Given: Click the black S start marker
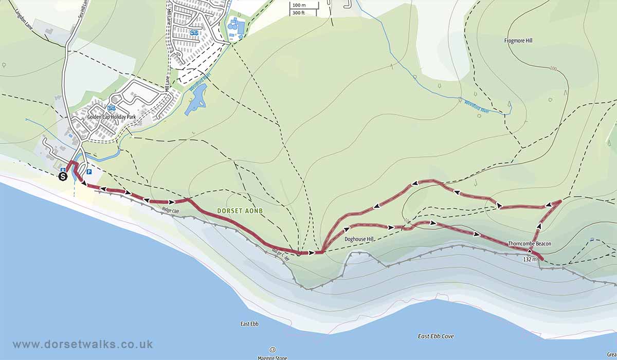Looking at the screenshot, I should [x=63, y=176].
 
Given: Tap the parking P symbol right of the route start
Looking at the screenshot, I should [x=89, y=172].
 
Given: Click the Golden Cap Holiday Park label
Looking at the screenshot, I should [x=111, y=117].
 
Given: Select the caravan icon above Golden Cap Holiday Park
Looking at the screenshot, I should [x=111, y=108].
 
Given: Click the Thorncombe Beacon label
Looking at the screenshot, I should [x=529, y=243].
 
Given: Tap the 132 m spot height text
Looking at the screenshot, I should [x=530, y=260].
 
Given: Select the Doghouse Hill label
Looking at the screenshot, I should [x=358, y=239].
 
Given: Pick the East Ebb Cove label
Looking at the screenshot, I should [x=435, y=336].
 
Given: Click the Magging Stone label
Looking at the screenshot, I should [x=273, y=357].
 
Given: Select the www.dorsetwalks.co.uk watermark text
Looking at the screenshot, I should [x=82, y=345].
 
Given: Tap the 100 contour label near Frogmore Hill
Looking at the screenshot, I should [x=553, y=68].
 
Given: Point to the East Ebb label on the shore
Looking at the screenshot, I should [x=249, y=324].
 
